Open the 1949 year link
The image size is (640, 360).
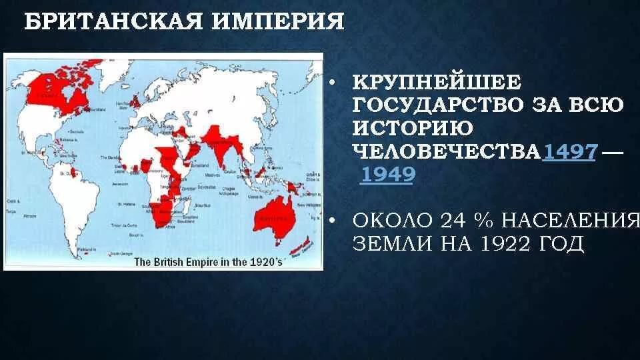[x=387, y=175]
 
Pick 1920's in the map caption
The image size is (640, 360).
[x=264, y=262]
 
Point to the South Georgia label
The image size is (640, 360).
[x=120, y=253]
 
